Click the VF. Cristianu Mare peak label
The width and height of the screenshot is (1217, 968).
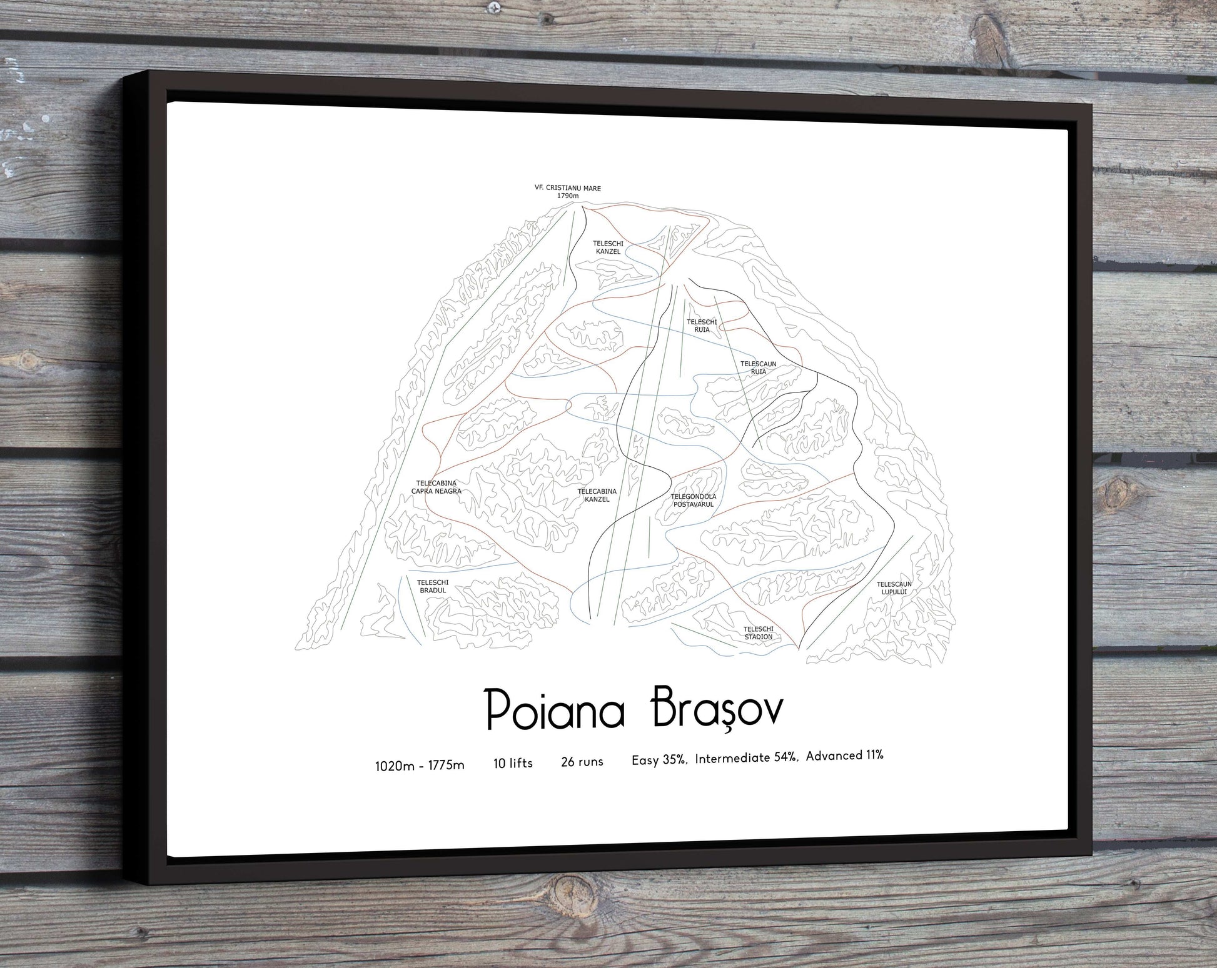pos(567,187)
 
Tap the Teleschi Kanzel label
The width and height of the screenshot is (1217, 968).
pos(608,247)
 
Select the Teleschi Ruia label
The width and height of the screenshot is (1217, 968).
pos(702,326)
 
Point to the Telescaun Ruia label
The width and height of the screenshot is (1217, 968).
pos(758,367)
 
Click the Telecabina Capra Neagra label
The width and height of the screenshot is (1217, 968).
pos(436,487)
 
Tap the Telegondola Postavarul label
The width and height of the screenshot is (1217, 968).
pos(693,501)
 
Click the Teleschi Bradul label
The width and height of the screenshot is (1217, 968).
pos(432,586)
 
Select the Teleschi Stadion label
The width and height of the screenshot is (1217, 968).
pos(758,632)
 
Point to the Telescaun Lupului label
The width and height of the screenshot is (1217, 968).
pos(894,588)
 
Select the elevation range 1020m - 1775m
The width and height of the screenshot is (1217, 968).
pos(420,766)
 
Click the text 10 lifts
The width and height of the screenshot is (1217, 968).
pos(513,763)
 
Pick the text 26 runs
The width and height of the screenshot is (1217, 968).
pos(582,761)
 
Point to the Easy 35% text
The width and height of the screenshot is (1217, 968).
pos(660,760)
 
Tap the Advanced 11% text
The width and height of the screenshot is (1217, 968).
pos(844,756)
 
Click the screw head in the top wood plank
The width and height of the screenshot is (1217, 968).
pos(496,7)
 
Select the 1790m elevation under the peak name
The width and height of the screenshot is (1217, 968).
pos(568,196)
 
